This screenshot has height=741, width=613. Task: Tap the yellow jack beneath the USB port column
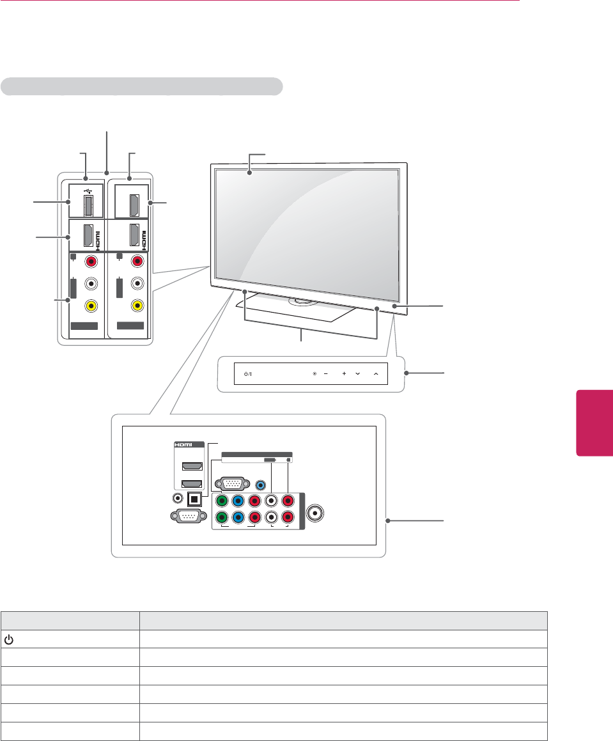pyautogui.click(x=93, y=306)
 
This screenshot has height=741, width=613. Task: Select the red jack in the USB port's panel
pyautogui.click(x=93, y=261)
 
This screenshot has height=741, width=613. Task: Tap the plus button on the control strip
pyautogui.click(x=343, y=373)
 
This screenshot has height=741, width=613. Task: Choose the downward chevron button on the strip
pyautogui.click(x=357, y=373)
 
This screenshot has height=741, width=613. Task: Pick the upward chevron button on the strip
pyautogui.click(x=376, y=373)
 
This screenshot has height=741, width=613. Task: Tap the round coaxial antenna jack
pyautogui.click(x=315, y=513)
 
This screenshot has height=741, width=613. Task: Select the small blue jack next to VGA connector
pyautogui.click(x=260, y=485)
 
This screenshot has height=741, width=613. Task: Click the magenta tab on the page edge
pyautogui.click(x=594, y=421)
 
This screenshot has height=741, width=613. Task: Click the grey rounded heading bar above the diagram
pyautogui.click(x=142, y=86)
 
